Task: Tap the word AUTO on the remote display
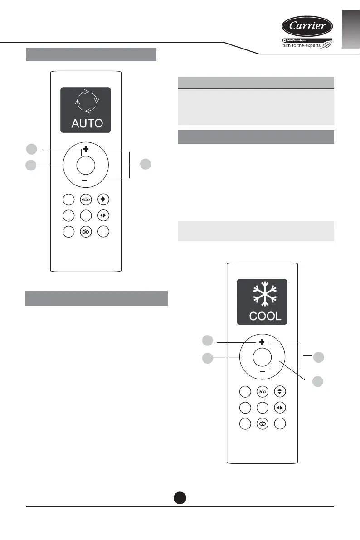(x=86, y=123)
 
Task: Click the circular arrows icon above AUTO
(x=86, y=102)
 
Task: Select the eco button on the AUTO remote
(x=86, y=199)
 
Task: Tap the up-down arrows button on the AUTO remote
(x=103, y=199)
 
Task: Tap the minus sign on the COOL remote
(x=262, y=371)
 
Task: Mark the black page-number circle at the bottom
(x=180, y=498)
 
